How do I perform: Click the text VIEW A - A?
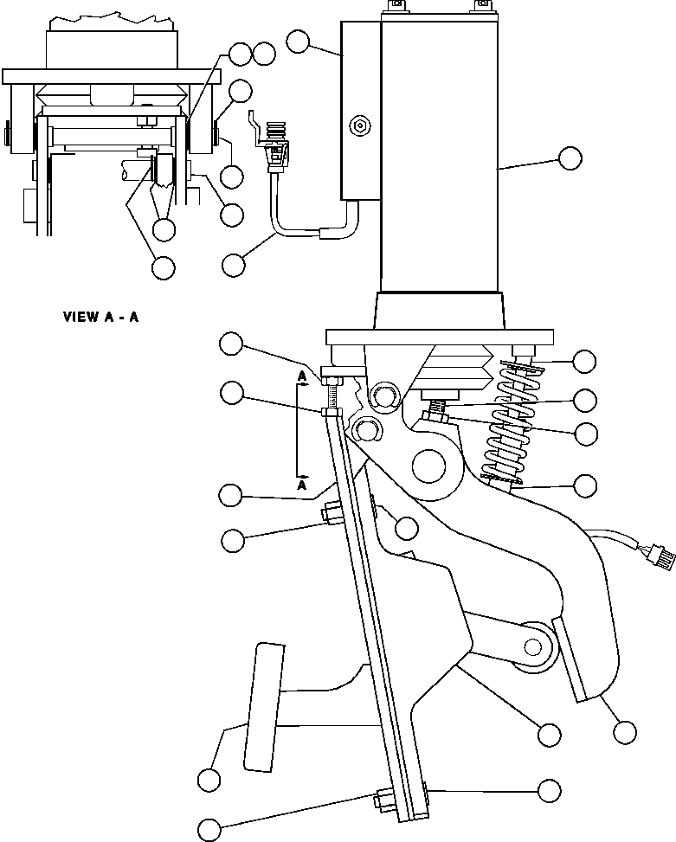click(100, 317)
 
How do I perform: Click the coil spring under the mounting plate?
click(511, 424)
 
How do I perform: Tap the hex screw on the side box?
click(361, 126)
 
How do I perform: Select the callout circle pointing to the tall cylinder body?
click(570, 157)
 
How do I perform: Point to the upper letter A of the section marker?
click(300, 376)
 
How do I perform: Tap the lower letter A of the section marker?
click(301, 486)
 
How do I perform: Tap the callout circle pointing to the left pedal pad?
click(209, 779)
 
